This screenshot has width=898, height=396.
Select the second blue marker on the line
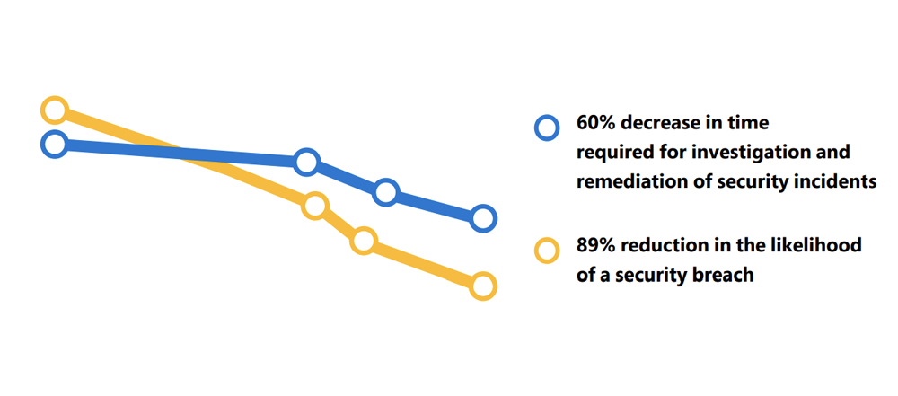pos(306,163)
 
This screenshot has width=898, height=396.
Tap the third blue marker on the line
pos(386,192)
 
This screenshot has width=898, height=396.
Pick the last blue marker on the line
pos(483,218)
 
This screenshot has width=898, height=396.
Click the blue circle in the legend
pos(547,128)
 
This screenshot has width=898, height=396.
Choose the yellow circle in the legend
pos(547,251)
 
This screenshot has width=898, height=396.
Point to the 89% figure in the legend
pos(594,245)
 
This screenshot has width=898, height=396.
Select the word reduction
pos(658,245)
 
